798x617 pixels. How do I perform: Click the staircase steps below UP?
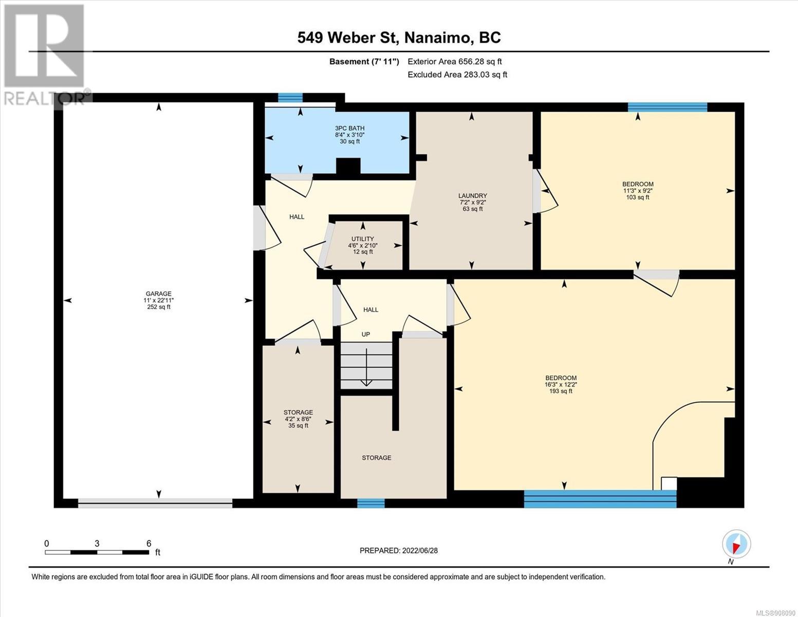[x=366, y=365]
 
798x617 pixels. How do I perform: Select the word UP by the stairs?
[x=366, y=334]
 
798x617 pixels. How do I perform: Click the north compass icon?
[x=736, y=544]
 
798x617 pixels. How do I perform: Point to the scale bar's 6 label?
[x=149, y=543]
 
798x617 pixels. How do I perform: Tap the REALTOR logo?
[x=46, y=55]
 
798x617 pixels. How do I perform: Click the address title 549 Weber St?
[x=348, y=38]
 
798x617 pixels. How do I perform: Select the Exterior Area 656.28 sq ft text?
[x=455, y=62]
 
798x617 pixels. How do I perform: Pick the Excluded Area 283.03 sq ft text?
[x=457, y=75]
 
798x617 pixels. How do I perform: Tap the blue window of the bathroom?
[x=290, y=97]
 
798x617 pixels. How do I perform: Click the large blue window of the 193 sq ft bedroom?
[x=600, y=499]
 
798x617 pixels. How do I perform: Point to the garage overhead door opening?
[x=155, y=503]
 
